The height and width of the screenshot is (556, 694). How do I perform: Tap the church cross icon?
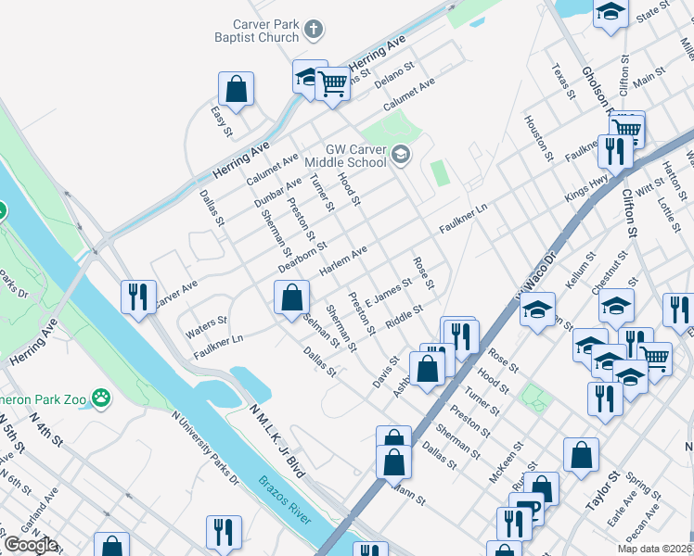point(315,30)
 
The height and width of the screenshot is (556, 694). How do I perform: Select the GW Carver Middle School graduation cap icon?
point(400,154)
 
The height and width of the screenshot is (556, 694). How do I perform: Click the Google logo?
point(30,545)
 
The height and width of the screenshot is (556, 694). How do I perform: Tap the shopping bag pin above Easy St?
point(237,89)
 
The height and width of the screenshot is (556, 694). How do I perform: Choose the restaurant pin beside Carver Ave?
point(138,297)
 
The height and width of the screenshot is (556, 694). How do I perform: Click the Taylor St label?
point(602,491)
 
